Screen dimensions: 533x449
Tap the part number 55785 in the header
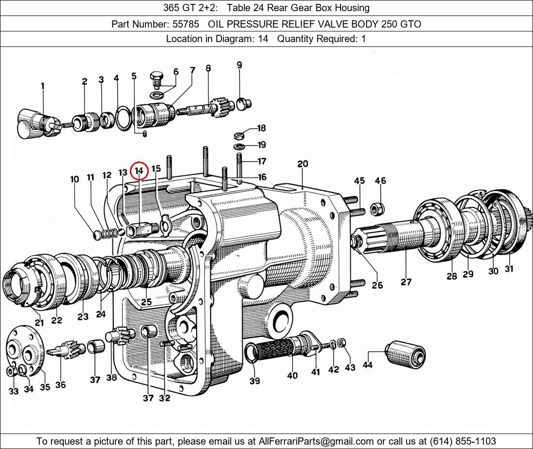point(186,24)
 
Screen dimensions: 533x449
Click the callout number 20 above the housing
point(302,164)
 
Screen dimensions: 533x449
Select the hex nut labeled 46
point(377,209)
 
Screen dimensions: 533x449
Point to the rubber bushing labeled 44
point(405,353)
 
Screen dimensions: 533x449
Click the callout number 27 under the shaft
point(406,282)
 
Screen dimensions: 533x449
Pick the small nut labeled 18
point(239,136)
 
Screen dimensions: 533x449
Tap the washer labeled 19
point(240,147)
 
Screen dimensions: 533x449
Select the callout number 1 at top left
point(43,86)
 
